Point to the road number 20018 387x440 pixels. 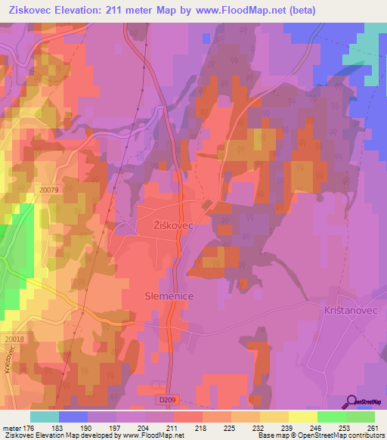12,339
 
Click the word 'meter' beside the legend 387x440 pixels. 11,427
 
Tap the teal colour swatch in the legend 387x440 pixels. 45,417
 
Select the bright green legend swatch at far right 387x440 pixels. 361,417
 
